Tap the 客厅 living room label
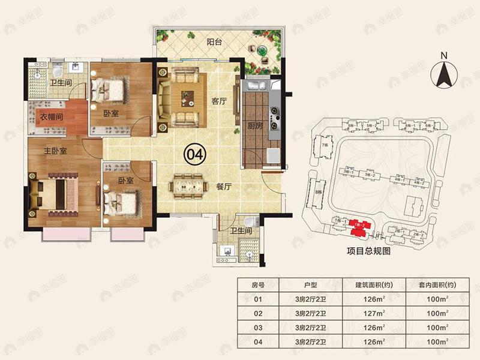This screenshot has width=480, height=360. [218, 101]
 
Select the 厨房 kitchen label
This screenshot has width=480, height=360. [256, 125]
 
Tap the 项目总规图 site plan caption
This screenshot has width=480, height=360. [369, 252]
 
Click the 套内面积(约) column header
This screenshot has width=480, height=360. [435, 285]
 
